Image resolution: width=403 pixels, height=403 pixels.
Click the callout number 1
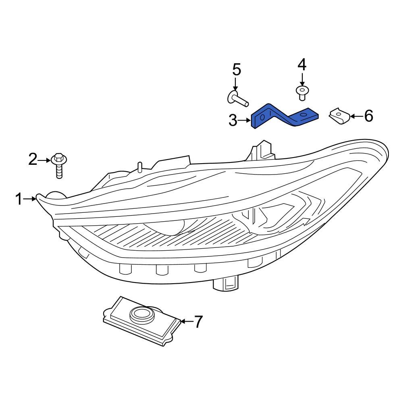pos(19,199)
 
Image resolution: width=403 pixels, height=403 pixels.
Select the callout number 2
pos(33,160)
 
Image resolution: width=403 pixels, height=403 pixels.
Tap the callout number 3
pos(233,120)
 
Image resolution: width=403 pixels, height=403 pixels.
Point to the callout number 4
pos(302,64)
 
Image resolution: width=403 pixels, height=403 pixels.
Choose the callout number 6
pos(368,116)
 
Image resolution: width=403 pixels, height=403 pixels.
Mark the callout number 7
pos(197,322)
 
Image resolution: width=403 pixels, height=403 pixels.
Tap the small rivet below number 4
pos(302,92)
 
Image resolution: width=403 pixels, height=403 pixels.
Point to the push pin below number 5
pos(237,98)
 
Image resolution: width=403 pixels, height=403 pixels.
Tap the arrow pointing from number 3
pos(245,120)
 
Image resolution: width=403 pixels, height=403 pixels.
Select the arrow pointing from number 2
pos(44,160)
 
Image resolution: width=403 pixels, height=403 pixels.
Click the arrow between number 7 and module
pos(185,321)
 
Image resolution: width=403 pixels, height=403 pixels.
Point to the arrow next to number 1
pos(31,198)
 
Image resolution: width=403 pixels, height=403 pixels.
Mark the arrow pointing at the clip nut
pos(355,116)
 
